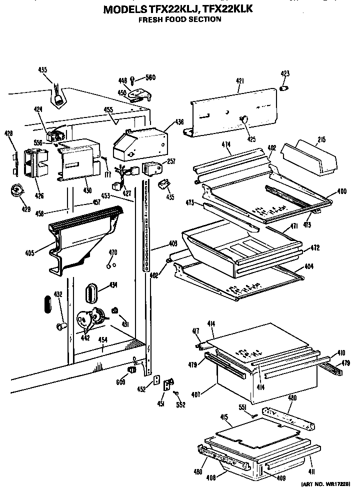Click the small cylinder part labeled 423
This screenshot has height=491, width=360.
(x=284, y=88)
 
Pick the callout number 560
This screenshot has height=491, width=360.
(x=150, y=77)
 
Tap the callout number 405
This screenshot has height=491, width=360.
(x=29, y=253)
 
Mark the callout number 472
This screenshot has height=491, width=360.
(x=314, y=247)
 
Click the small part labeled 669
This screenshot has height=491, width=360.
(x=132, y=370)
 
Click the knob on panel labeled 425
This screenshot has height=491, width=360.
(x=244, y=119)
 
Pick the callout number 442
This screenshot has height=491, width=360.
(x=85, y=337)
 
